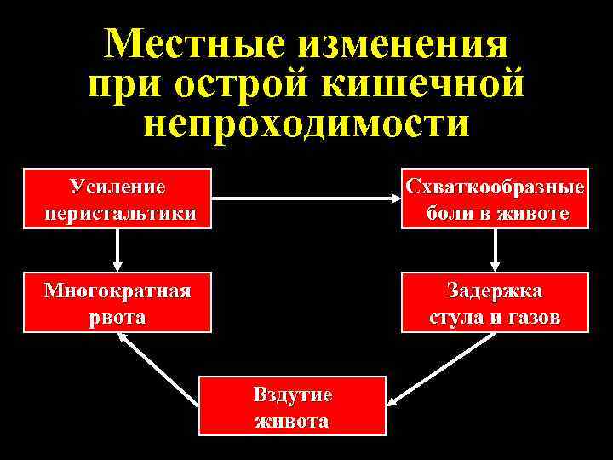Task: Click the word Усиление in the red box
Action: (117, 187)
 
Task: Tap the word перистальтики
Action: (117, 211)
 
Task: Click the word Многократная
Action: (117, 290)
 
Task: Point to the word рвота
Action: (117, 317)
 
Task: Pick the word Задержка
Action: (496, 290)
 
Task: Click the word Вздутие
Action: (292, 394)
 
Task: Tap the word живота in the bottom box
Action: (292, 421)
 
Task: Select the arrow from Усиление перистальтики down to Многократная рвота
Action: (117, 250)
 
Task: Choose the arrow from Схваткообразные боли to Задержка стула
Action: (496, 250)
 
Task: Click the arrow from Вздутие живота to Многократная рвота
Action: (159, 370)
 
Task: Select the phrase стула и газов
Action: (496, 318)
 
